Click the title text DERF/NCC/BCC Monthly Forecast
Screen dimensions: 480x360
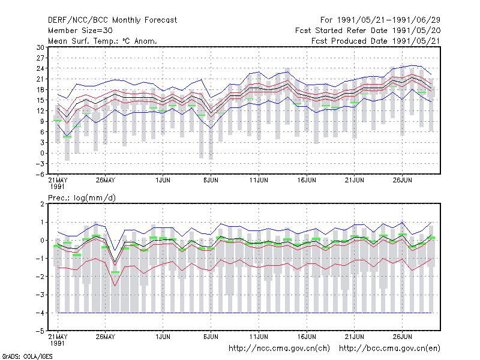coord(112,20)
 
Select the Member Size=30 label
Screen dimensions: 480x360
coord(80,31)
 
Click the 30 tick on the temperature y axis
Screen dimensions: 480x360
coord(40,47)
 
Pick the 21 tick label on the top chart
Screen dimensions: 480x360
coord(40,79)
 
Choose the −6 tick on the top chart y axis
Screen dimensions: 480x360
coord(40,175)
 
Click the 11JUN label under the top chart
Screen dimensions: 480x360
coord(259,181)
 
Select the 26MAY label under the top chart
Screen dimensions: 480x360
coord(106,181)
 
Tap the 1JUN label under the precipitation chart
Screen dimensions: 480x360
coord(163,337)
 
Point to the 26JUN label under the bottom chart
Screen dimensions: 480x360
coord(402,337)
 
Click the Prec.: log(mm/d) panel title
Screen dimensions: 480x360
coord(82,198)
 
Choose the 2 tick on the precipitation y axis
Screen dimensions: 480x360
coord(42,204)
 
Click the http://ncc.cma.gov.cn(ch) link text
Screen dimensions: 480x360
coord(279,349)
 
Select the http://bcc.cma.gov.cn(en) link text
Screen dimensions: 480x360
coord(389,349)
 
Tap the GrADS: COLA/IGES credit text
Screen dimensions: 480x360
coord(27,356)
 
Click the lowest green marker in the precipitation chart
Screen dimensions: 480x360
coord(115,272)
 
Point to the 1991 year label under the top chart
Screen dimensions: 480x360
coord(57,187)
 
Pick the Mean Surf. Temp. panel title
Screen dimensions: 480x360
coord(103,41)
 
